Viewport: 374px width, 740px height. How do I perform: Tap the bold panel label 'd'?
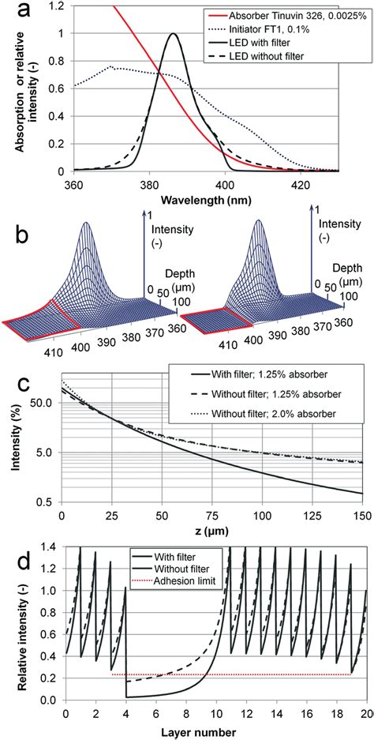click(13, 554)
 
